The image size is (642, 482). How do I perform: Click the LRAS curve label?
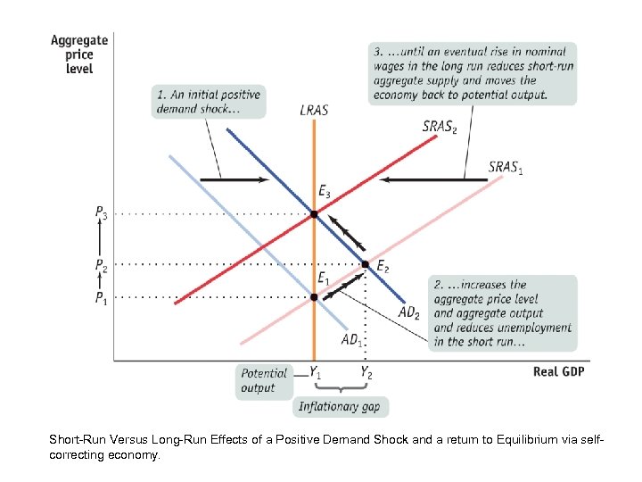point(313,111)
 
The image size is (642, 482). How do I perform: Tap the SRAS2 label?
point(440,128)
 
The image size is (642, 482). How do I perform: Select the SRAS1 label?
point(506,167)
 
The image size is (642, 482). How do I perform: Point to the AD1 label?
point(354,340)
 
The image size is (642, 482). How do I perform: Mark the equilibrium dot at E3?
point(314,214)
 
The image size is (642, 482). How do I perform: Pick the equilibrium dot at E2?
point(365,264)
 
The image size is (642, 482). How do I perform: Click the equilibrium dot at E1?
point(314,296)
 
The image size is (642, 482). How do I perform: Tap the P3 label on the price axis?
point(103,214)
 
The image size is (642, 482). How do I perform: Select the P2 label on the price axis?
point(103,265)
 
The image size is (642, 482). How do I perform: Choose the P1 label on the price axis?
point(103,297)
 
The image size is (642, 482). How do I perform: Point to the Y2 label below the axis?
point(366,372)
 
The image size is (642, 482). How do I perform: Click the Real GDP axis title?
point(558,370)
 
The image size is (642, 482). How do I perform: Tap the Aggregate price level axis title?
point(79,55)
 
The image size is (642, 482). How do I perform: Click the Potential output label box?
point(265,380)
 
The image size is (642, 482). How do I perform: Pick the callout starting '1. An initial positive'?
point(209,102)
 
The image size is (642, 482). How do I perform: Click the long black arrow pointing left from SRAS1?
point(434,180)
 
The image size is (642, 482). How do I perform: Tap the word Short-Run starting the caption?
point(76,440)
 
